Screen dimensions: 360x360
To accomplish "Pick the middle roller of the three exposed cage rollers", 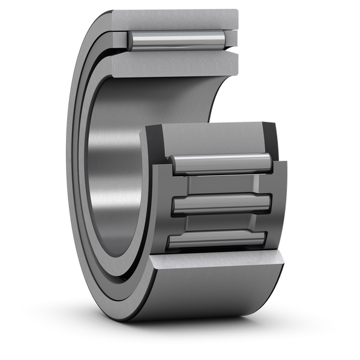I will coord(218,205).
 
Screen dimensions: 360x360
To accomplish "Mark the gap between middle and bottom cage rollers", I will coord(218,223).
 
